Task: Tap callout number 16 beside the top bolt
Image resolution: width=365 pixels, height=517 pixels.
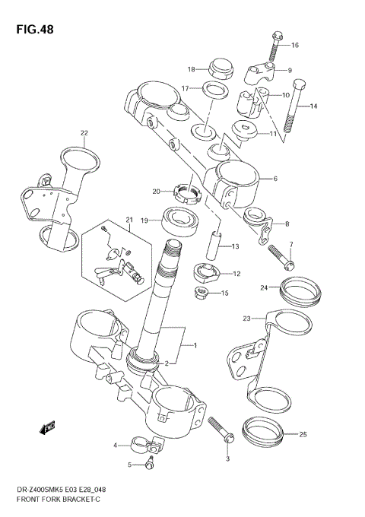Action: click(x=295, y=46)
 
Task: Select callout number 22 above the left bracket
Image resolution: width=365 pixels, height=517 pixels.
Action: click(x=84, y=133)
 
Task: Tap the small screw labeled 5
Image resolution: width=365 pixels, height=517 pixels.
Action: click(x=150, y=465)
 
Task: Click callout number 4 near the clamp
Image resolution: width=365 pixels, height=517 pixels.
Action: click(x=116, y=446)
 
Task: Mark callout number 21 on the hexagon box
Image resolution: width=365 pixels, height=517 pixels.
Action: click(x=129, y=220)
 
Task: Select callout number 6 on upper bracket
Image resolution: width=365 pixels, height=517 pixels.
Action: click(x=275, y=179)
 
